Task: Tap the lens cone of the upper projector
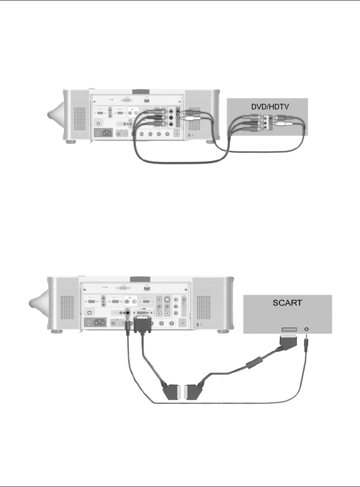[55, 115]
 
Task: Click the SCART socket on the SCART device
[288, 331]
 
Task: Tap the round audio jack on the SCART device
[308, 330]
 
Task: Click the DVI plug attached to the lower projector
[143, 326]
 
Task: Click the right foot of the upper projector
[210, 142]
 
